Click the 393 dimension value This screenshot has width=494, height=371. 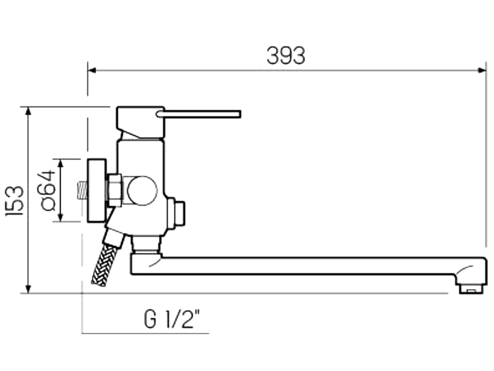285,55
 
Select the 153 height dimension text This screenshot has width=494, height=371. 16,200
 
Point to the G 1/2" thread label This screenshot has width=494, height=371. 172,319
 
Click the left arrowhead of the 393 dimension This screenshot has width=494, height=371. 92,70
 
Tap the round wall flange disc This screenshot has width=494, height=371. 97,190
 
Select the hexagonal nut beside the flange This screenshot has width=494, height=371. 114,190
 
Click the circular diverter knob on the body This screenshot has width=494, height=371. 142,190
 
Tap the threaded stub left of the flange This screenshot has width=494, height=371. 82,190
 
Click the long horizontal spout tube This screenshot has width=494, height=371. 303,266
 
